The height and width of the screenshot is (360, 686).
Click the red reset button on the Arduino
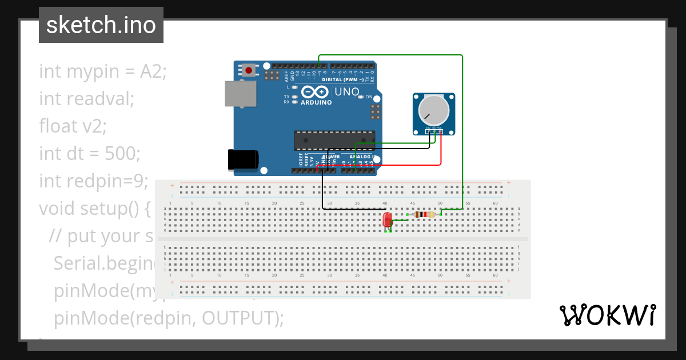[x=249, y=70]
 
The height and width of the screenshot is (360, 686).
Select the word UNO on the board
[x=346, y=91]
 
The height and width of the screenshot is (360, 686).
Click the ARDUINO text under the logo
[x=315, y=103]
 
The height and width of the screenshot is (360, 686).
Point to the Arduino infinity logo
[x=315, y=92]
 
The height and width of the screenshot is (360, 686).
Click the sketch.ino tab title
[x=101, y=25]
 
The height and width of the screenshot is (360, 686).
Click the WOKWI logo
[x=607, y=315]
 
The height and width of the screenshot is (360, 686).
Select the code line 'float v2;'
[x=73, y=126]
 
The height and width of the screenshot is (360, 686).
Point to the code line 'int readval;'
[x=86, y=99]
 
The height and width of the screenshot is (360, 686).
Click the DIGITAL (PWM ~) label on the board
[x=342, y=79]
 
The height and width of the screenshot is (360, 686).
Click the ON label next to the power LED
[x=369, y=97]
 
